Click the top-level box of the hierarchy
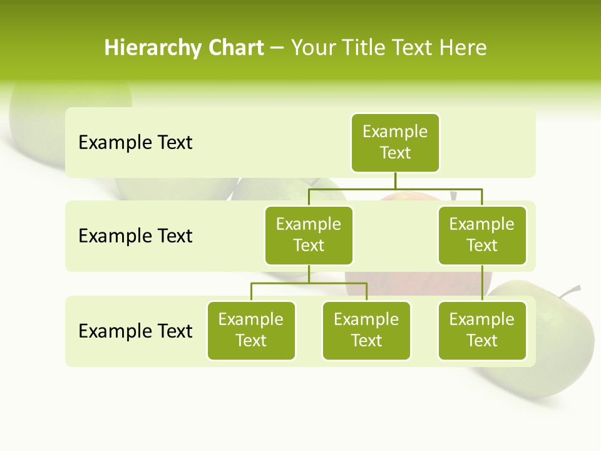click(395, 142)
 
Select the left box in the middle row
click(309, 235)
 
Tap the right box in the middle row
click(482, 235)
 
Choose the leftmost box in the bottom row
click(251, 330)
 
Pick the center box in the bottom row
click(366, 330)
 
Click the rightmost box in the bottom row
click(482, 330)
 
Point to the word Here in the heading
click(463, 48)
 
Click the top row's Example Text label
click(135, 143)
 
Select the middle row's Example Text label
click(135, 236)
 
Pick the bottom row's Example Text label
click(135, 331)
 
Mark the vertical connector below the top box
click(395, 180)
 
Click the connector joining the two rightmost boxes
click(482, 283)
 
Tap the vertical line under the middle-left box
click(309, 274)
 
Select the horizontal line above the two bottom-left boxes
click(309, 283)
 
